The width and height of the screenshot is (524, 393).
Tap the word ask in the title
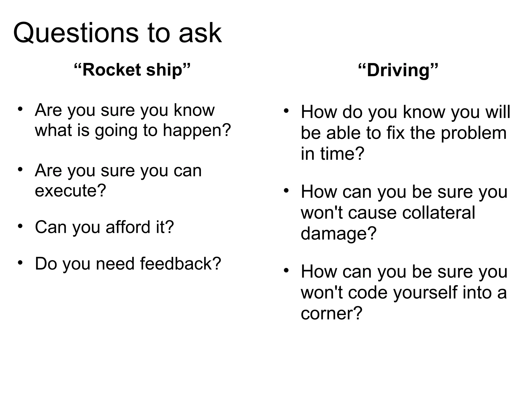click(200, 33)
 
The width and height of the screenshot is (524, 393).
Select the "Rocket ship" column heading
click(132, 70)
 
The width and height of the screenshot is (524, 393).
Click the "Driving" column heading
click(398, 70)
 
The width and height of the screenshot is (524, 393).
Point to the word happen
click(197, 130)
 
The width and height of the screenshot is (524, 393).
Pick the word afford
click(128, 227)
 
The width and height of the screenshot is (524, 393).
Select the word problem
click(474, 133)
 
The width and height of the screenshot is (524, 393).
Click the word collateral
click(439, 213)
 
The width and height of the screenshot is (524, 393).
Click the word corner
click(331, 313)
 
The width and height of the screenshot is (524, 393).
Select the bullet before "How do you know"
click(286, 111)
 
